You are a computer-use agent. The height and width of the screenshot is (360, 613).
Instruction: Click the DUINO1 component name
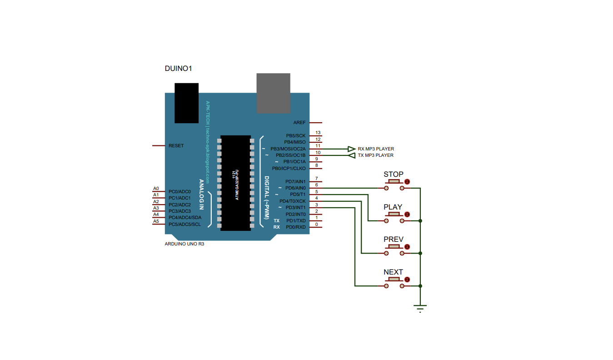[178, 69]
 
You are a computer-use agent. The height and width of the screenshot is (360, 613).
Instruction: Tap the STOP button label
[393, 174]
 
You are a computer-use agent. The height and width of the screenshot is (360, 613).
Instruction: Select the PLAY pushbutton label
[393, 207]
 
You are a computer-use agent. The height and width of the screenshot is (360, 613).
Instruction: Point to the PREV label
[393, 240]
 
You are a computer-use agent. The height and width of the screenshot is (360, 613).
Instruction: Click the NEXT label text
[393, 272]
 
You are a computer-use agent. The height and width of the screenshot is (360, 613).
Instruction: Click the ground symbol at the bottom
[420, 308]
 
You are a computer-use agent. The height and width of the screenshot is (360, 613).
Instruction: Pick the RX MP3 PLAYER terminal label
[376, 149]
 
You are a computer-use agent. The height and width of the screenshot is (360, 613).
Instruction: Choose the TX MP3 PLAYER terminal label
[376, 155]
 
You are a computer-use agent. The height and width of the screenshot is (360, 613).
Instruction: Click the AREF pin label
[299, 123]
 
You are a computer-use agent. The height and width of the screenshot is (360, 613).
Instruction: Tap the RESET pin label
[176, 146]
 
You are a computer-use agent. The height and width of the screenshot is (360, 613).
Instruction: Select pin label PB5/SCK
[296, 136]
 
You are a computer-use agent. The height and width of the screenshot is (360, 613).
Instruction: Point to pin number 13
[318, 133]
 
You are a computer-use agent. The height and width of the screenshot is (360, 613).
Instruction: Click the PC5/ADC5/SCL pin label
[184, 225]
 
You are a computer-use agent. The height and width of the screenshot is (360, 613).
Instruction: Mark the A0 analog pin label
[156, 189]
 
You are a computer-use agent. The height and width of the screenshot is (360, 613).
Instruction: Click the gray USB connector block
[273, 93]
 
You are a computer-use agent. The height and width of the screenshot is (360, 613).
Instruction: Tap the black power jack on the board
[186, 103]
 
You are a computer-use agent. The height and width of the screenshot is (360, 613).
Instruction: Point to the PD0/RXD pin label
[296, 227]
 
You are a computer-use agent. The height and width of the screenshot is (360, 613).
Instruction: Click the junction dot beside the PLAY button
[420, 221]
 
